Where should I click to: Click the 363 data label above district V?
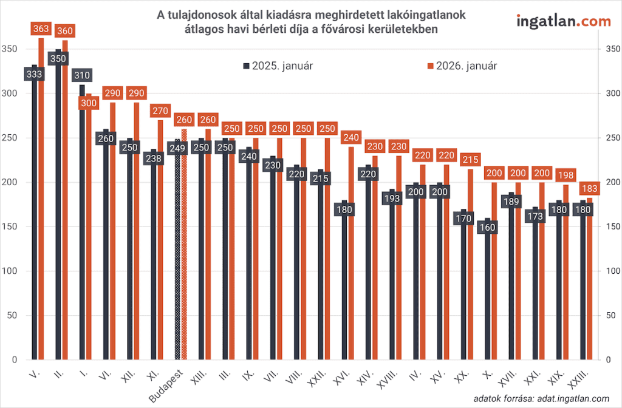point(42,29)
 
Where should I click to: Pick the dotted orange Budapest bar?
point(184,255)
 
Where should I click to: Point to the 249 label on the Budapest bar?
point(178,148)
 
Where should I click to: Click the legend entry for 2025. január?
point(278,66)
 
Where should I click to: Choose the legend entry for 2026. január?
point(463,66)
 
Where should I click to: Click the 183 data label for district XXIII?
point(589,188)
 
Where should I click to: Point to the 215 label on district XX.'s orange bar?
point(470,160)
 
